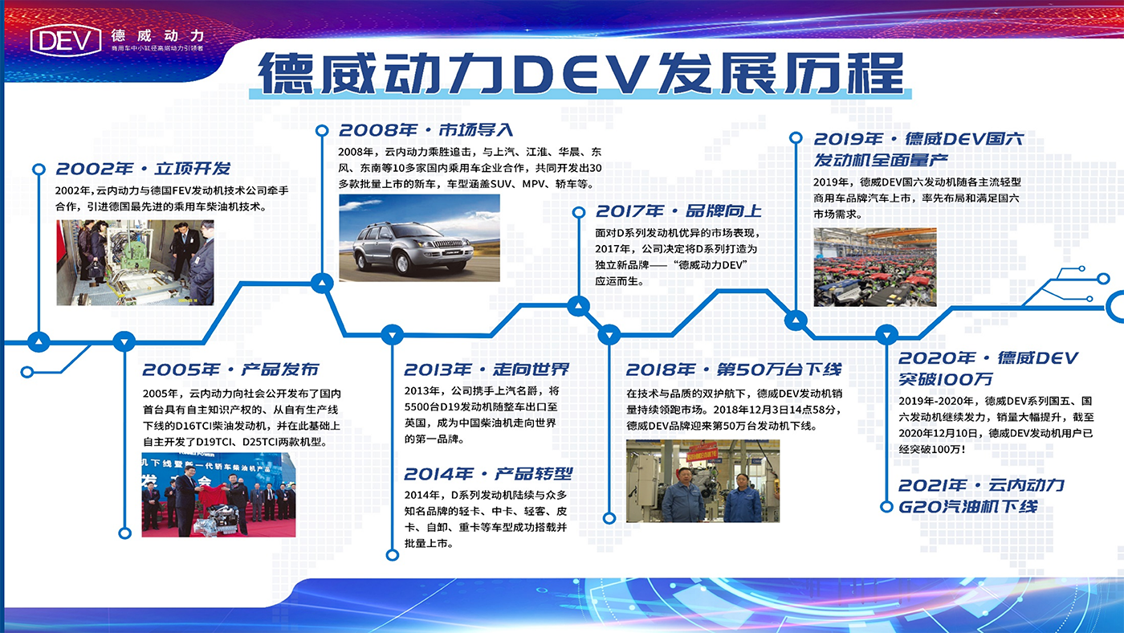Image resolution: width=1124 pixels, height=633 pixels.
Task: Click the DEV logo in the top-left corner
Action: point(66,39)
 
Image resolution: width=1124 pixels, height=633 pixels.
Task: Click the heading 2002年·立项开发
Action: point(143,169)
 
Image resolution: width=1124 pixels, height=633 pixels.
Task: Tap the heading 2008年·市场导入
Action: point(426,130)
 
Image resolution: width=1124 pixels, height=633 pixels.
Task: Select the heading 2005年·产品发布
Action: point(230,370)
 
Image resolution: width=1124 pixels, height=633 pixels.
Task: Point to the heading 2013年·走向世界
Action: point(487,370)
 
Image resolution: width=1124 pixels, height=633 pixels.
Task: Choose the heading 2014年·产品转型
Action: point(488,473)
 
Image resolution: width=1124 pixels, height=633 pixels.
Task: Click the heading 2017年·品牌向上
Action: point(678,210)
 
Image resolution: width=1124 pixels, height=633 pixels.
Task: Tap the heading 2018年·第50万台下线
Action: point(734,370)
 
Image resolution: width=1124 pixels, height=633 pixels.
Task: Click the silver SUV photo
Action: point(419,238)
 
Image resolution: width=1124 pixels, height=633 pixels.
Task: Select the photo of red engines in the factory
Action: point(875,267)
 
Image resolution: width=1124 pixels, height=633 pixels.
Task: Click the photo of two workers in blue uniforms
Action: point(703,481)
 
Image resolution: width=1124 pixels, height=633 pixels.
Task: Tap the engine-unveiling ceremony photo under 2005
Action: point(218,495)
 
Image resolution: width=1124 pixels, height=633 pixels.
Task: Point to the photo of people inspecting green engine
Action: point(135,263)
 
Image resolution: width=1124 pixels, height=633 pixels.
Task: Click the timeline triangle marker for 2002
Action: point(39,342)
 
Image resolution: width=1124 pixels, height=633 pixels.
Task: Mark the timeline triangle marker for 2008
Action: point(322,284)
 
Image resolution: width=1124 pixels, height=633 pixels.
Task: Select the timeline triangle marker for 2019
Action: point(796,320)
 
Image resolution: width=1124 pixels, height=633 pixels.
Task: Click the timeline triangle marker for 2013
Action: point(393,335)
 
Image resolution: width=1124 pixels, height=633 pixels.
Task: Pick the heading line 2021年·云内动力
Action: point(981,485)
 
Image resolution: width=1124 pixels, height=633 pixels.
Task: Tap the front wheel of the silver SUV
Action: point(403,262)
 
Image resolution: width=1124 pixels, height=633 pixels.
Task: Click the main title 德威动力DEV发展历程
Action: point(580,73)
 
